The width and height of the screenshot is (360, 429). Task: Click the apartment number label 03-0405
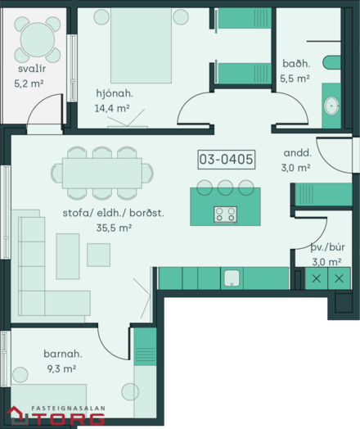pos(227,159)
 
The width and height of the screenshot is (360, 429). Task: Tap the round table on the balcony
pos(38,39)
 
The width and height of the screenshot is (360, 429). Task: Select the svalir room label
pos(32,69)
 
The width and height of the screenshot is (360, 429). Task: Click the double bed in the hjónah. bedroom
pos(141,45)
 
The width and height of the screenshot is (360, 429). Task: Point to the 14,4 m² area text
pos(112,108)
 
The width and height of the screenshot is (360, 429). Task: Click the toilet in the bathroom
pos(332,62)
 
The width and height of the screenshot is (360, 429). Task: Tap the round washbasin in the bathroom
pos(331,106)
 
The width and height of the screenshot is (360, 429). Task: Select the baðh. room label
pos(296,64)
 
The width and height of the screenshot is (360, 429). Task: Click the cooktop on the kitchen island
pos(226,214)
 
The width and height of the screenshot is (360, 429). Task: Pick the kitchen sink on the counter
pos(232,278)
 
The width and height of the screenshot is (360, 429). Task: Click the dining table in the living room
pos(102,174)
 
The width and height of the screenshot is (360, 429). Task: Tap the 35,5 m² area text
pos(114,228)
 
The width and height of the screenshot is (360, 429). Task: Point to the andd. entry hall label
pos(298,152)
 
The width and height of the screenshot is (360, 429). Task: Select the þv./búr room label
pos(327,247)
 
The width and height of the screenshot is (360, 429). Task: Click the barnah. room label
pos(63,354)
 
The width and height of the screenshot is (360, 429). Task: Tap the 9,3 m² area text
pos(61,368)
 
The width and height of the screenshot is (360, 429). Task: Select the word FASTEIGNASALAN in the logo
pos(69,409)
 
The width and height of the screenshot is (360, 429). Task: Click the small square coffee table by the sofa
pos(99,255)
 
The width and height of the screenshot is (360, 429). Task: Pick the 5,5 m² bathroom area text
pos(295,79)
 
